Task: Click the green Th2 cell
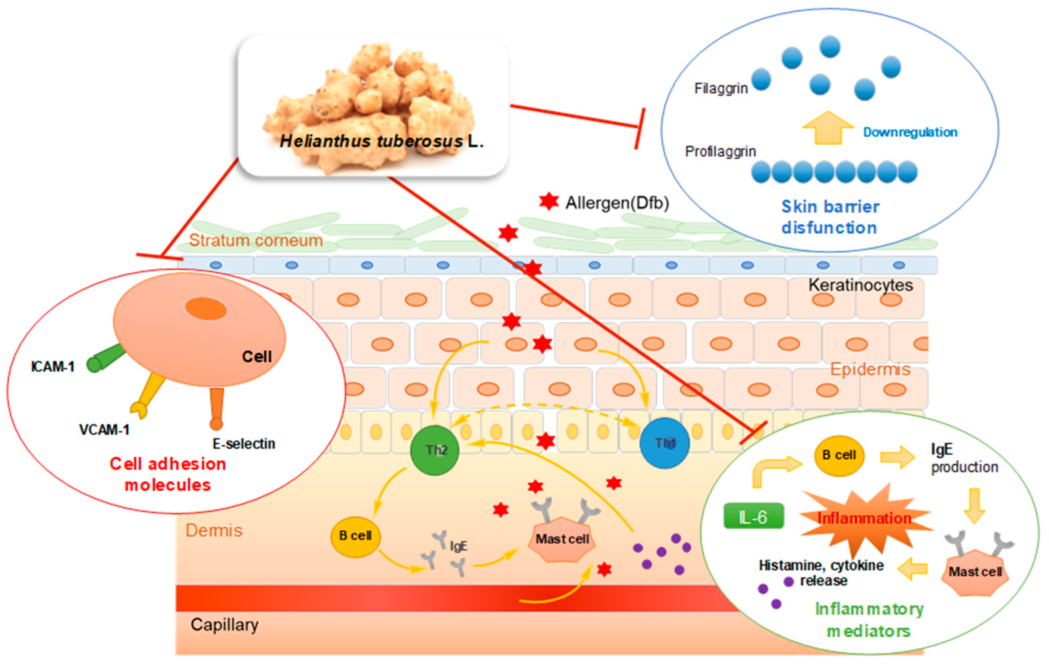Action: point(435,450)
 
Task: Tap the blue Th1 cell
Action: point(664,443)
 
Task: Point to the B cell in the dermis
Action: point(355,536)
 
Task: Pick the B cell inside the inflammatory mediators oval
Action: point(839,455)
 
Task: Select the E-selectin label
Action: point(244,444)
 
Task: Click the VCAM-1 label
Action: point(104,430)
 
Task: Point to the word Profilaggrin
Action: point(720,151)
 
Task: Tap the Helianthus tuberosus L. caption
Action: point(381,141)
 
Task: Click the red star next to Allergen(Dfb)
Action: point(548,202)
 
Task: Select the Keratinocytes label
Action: point(860,285)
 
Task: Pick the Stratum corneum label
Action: point(256,240)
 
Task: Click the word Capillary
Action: point(224,625)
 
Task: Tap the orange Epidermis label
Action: point(870,369)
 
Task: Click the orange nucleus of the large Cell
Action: point(206,309)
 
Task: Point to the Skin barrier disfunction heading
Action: point(830,217)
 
